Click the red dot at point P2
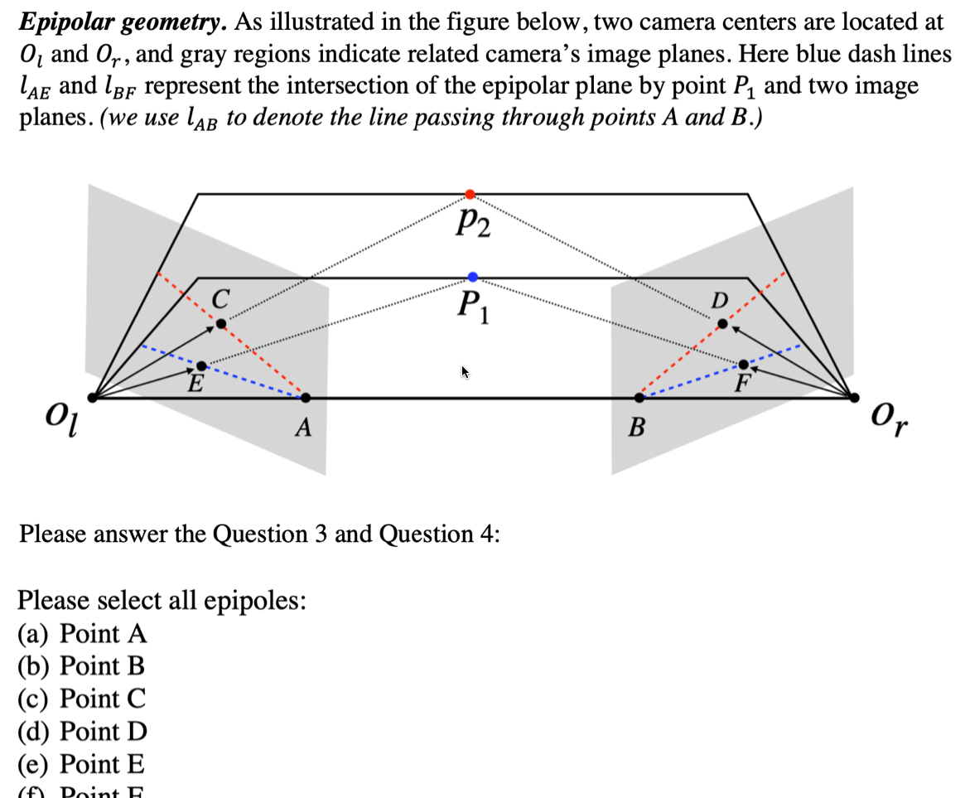[470, 194]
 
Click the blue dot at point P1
[472, 276]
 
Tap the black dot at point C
[220, 323]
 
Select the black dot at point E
[202, 366]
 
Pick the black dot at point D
[722, 323]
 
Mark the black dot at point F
[743, 365]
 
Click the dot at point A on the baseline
[306, 398]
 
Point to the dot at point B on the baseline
[639, 398]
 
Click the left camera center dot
[93, 398]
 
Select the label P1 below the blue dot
[473, 307]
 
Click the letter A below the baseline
[304, 428]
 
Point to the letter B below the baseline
[636, 428]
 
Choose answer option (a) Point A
[82, 634]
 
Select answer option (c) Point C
[82, 699]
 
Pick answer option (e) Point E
[81, 763]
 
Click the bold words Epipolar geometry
[123, 22]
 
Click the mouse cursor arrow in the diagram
[466, 372]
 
